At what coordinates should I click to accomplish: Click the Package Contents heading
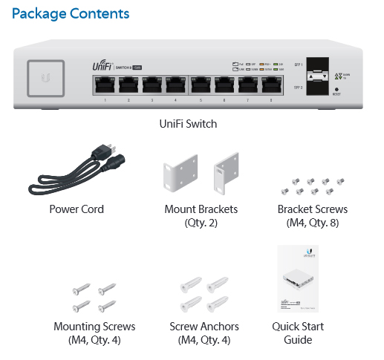coord(71,14)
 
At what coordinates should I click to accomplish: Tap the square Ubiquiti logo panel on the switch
coord(48,77)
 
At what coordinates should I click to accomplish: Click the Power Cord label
coord(77,209)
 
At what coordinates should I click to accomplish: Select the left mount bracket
coord(179,175)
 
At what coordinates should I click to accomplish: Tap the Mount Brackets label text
coord(201,215)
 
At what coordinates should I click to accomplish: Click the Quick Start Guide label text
coord(297,333)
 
